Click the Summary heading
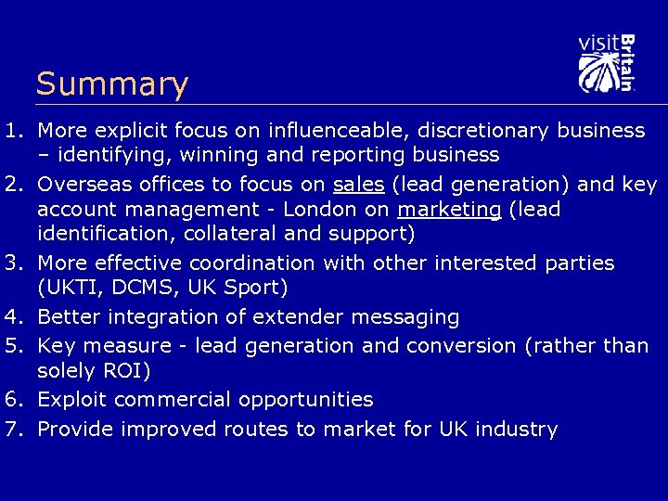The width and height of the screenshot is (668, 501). point(111,84)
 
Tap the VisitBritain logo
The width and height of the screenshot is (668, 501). point(606,63)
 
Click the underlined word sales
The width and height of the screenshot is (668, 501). point(359,184)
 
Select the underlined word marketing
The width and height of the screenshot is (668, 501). point(449,210)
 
